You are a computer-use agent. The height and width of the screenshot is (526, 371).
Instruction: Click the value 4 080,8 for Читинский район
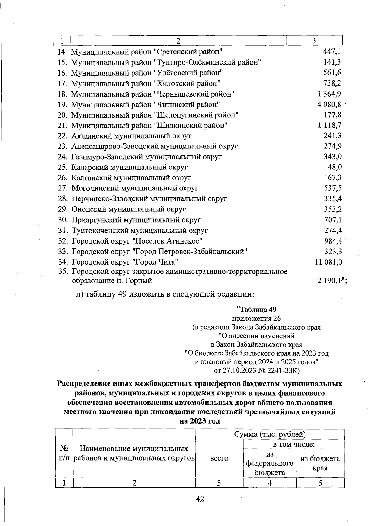(329, 104)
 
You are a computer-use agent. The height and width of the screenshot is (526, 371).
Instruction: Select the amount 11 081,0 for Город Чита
(328, 262)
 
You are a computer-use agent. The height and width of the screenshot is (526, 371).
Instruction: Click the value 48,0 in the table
(335, 167)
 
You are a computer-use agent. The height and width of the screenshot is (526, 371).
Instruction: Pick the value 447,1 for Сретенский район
(332, 52)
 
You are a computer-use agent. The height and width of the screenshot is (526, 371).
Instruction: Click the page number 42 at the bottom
(200, 499)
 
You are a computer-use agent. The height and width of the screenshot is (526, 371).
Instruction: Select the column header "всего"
(219, 458)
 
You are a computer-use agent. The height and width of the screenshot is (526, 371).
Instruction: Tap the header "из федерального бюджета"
(270, 463)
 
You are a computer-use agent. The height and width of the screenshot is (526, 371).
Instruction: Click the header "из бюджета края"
(320, 463)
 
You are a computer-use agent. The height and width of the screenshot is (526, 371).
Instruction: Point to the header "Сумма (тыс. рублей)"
(270, 434)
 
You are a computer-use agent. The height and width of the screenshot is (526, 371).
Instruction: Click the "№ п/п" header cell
(64, 453)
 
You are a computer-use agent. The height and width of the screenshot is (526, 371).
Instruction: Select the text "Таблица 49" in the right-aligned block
(256, 310)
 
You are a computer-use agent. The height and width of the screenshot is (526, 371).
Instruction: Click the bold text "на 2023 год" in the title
(200, 421)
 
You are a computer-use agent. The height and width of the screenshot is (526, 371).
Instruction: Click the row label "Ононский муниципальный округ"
(129, 209)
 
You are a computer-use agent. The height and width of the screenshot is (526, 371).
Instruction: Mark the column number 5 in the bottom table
(320, 483)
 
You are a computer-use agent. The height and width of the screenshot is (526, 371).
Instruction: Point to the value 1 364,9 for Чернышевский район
(329, 94)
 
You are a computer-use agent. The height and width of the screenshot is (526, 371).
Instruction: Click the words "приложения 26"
(256, 318)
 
